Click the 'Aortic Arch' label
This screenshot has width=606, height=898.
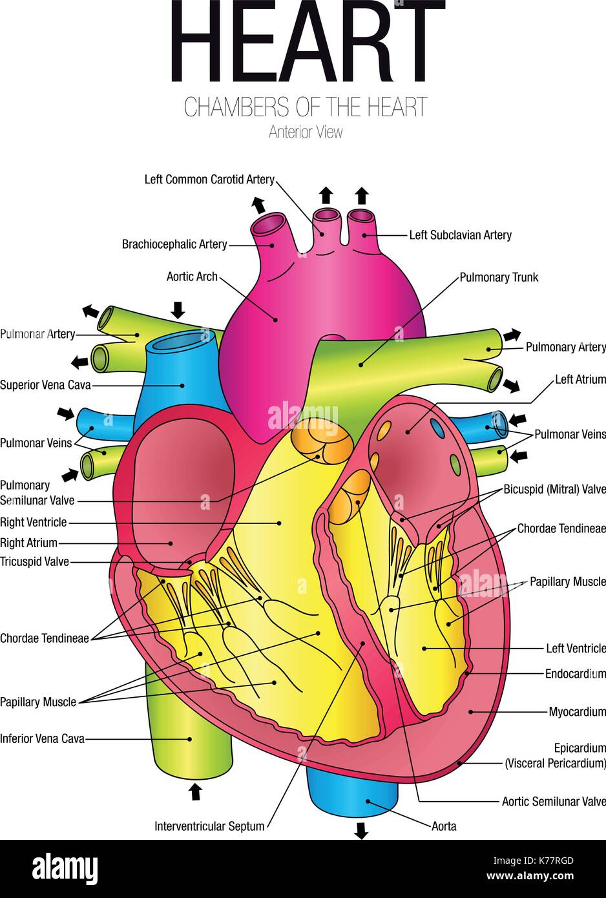pos(192,277)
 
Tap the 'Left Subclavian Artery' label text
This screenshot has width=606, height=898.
pos(460,235)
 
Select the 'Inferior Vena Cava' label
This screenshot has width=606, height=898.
pos(42,738)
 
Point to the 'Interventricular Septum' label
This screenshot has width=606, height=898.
pos(209,826)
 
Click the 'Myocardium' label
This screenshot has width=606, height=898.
pos(577,712)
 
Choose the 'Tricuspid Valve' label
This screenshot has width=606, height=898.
pos(34,561)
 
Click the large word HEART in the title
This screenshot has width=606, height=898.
pos(308,42)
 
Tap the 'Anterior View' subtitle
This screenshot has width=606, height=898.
pos(306,132)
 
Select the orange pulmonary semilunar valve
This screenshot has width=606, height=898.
pos(322,441)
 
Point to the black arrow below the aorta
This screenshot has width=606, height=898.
pos(361,831)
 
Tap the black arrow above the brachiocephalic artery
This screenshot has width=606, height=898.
pos(258,205)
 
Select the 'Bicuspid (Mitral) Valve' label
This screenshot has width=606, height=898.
pos(554,489)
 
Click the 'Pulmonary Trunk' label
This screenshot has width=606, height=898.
pos(498,277)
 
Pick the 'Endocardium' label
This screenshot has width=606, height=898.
pos(575,674)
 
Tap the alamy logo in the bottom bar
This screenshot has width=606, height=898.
pos(65,869)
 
